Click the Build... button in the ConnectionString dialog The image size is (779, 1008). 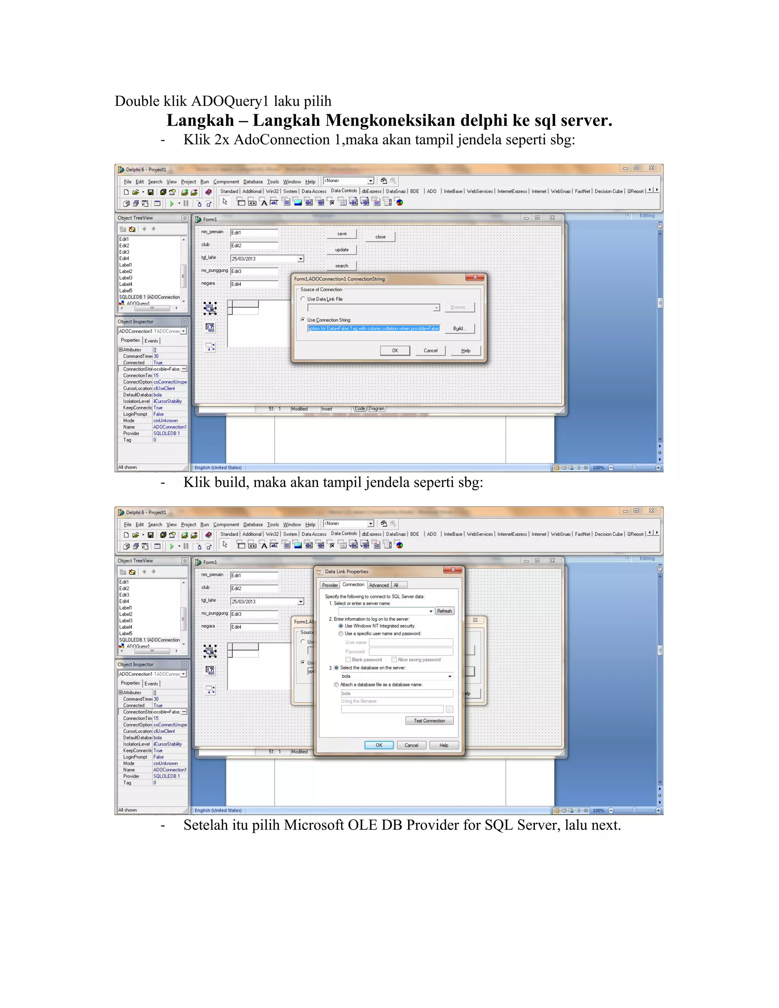point(459,329)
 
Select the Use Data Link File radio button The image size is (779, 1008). point(303,299)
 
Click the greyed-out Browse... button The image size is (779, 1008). point(459,307)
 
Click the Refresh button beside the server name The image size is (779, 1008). point(444,611)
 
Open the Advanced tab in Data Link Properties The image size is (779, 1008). point(379,585)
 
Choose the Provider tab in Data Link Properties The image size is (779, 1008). point(330,585)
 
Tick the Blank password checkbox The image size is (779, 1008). point(348,660)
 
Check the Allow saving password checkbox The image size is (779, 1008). point(394,660)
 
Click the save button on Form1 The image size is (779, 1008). point(342,234)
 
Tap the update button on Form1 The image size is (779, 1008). point(342,250)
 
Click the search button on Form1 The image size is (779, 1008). point(342,266)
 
